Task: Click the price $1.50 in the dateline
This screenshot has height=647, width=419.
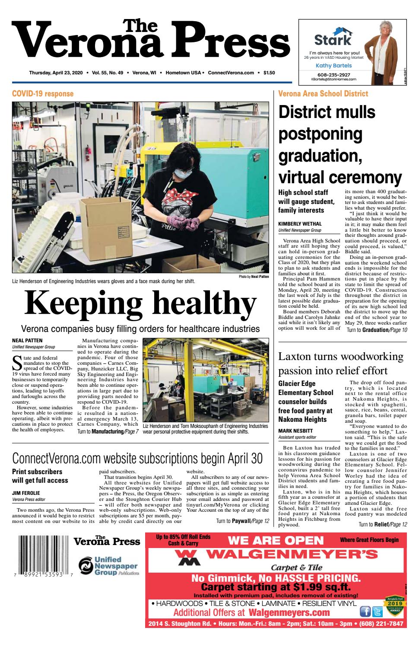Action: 269,73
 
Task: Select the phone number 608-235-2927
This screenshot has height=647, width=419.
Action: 333,74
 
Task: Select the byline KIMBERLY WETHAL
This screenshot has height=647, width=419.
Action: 300,224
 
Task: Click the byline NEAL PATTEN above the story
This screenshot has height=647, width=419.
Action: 27,341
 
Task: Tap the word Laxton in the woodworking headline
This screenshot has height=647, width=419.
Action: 296,357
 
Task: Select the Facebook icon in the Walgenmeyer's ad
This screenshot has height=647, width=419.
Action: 365,611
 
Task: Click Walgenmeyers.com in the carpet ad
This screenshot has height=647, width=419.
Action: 289,612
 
